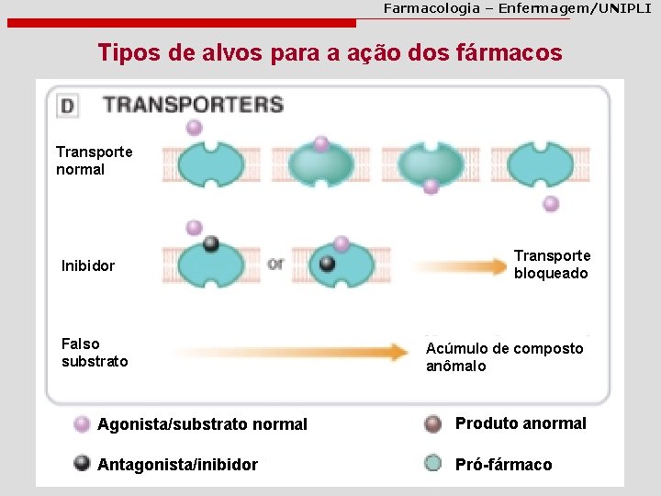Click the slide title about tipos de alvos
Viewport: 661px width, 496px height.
coord(330,52)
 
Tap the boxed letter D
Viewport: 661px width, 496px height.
coord(67,105)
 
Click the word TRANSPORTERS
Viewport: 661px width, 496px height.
coord(193,104)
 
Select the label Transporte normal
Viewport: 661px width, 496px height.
coord(94,160)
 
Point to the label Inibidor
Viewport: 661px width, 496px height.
coord(88,265)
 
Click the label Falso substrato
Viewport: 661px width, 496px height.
coord(95,353)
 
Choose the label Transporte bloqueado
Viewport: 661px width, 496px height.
coord(552,265)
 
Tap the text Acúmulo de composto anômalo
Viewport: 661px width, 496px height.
coord(504,357)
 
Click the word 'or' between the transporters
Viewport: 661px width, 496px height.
coord(275,265)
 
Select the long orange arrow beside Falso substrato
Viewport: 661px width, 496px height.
coord(290,352)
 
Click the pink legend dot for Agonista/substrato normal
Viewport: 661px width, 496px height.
coord(82,423)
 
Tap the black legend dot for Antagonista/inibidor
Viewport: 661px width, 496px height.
coord(82,463)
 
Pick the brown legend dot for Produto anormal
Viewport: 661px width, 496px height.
coord(433,423)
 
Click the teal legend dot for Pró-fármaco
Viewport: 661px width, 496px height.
coord(433,463)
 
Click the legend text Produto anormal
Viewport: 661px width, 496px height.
coord(521,423)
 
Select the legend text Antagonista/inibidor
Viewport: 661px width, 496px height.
coord(177,464)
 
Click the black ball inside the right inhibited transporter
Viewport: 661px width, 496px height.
coord(327,264)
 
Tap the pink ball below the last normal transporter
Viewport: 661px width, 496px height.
coord(551,204)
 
